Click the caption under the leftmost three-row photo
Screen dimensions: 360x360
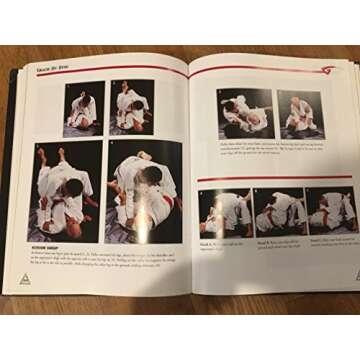pos(222,244)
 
